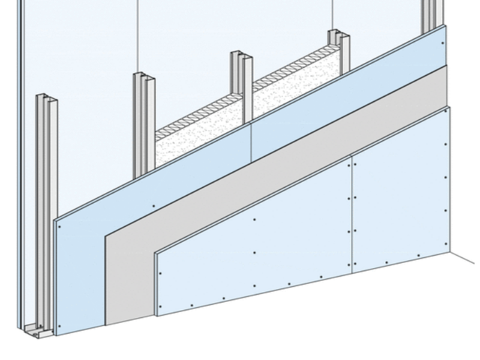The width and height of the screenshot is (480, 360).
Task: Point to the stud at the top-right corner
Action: coord(431,15)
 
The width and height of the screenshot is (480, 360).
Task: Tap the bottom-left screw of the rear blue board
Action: coord(60,326)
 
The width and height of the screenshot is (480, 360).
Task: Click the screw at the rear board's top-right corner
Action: coord(442,42)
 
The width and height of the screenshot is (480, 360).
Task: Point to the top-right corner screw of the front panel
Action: coord(445,144)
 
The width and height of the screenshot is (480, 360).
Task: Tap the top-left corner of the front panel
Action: coord(155,252)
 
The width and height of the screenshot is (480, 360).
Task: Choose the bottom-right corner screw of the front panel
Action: coord(445,243)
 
